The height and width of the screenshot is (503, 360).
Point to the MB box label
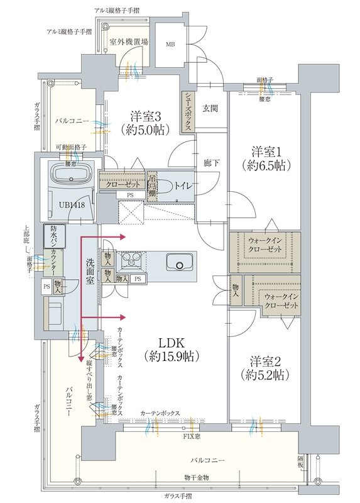pyautogui.click(x=170, y=45)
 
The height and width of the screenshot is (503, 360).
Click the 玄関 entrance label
pyautogui.click(x=209, y=108)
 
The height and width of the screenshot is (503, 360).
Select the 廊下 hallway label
pyautogui.click(x=210, y=162)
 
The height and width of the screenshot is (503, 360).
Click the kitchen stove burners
pyautogui.click(x=132, y=260)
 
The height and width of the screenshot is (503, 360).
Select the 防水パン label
pyautogui.click(x=53, y=236)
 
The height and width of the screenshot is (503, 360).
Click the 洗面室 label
pyautogui.click(x=90, y=271)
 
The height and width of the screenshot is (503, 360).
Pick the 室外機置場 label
pyautogui.click(x=129, y=41)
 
